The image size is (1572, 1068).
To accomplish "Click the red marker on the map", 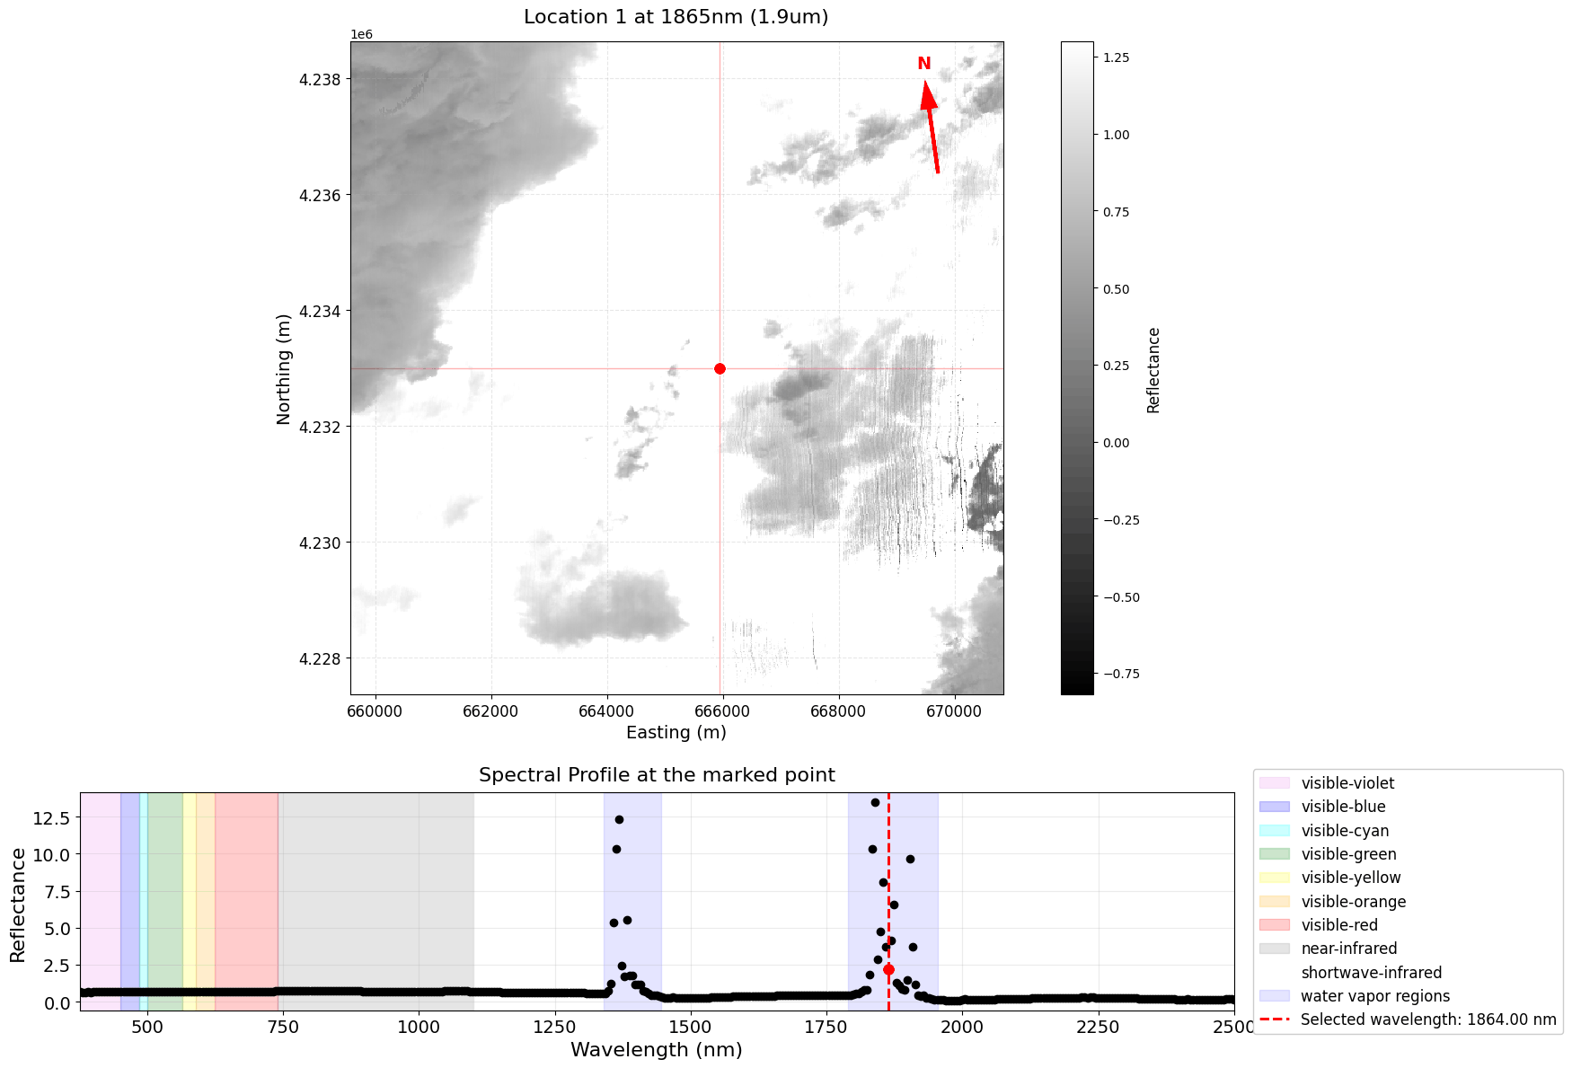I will click(x=720, y=368).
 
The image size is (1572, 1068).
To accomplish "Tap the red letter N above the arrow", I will click(x=923, y=64).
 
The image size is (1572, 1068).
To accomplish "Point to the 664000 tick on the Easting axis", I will click(x=607, y=711).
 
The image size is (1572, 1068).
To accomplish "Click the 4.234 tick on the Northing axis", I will click(x=321, y=312).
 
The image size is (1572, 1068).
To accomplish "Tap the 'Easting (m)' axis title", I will click(x=676, y=732).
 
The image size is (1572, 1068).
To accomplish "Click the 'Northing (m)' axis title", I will click(x=284, y=368).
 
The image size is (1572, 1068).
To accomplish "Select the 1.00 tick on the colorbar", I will click(x=1117, y=135).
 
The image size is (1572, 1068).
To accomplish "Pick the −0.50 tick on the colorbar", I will click(x=1120, y=597).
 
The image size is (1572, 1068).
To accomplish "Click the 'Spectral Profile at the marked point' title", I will click(x=657, y=775).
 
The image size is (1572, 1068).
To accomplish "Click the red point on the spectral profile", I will click(x=888, y=969).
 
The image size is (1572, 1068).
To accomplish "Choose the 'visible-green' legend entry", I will click(x=1348, y=854).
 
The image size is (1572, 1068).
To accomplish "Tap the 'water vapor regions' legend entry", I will click(x=1374, y=996).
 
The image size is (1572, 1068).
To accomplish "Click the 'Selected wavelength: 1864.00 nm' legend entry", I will click(x=1427, y=1019).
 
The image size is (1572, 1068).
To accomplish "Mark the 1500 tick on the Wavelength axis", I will click(x=690, y=1027).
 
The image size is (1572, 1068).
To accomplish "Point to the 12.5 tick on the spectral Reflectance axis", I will click(x=51, y=817).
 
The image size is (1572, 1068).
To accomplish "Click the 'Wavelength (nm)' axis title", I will click(x=657, y=1049).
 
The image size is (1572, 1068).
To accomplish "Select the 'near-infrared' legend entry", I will click(x=1348, y=949).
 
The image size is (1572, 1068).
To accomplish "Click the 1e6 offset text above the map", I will click(x=361, y=34).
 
